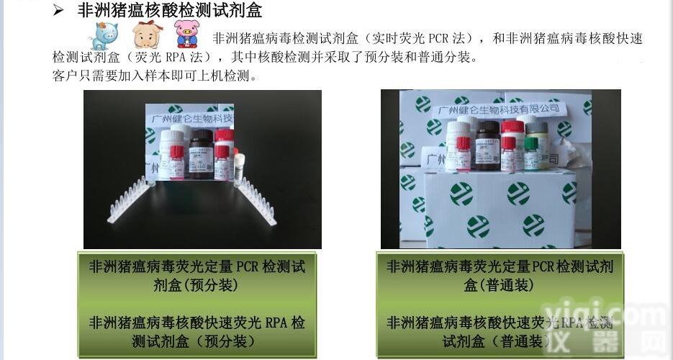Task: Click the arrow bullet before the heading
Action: coord(60,10)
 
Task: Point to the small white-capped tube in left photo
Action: coord(240,166)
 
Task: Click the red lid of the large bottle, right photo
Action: coord(512,125)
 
